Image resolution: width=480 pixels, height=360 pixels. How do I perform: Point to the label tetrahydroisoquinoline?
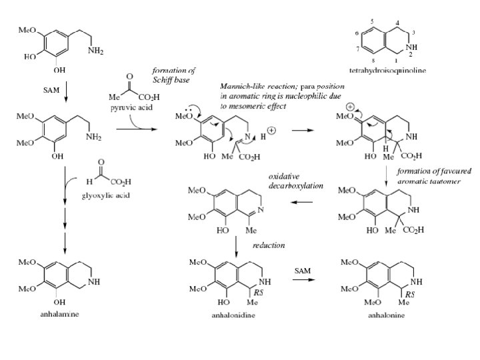[x=387, y=69]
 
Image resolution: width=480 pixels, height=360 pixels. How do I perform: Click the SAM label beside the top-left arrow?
[x=51, y=88]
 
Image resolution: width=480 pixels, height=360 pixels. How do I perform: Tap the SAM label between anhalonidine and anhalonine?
[x=303, y=270]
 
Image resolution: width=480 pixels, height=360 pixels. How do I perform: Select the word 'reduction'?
[x=269, y=245]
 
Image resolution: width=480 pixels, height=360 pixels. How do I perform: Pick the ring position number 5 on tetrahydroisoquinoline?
[x=371, y=21]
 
